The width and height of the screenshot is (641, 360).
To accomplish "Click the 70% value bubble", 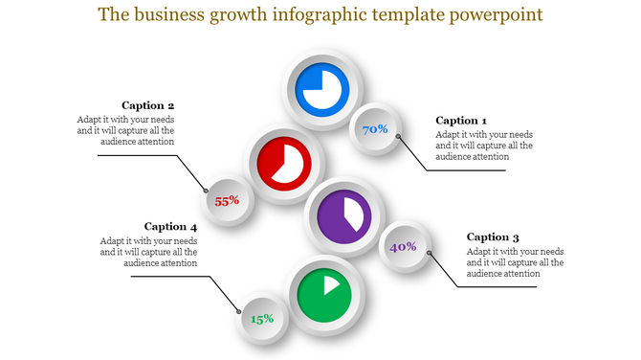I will (x=374, y=129).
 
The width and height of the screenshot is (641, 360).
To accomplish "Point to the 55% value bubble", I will (x=227, y=201).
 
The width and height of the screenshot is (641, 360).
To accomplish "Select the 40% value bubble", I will (x=402, y=247).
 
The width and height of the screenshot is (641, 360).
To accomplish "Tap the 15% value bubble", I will (x=262, y=318).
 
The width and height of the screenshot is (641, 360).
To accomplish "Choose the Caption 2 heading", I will (x=148, y=105).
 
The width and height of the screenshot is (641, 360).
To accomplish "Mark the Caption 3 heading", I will (x=493, y=236).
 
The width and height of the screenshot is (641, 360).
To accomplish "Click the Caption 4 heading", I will (x=170, y=227).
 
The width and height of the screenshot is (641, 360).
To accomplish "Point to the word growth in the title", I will (x=250, y=16).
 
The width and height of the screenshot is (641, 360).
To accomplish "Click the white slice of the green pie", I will (x=331, y=283).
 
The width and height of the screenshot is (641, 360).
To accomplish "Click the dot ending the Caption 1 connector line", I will (x=399, y=137).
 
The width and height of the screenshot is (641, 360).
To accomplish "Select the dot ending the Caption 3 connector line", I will (x=430, y=254).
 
